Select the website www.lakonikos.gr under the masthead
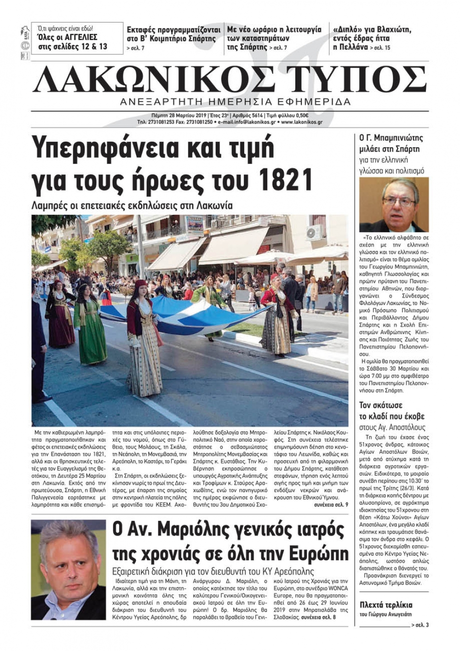[x=301, y=122]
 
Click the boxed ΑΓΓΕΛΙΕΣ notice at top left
[x=77, y=38]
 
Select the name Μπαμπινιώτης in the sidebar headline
[x=395, y=138]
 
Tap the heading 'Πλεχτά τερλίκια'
[x=386, y=605]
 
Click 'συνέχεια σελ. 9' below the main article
[x=331, y=505]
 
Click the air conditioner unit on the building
[x=315, y=232]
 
